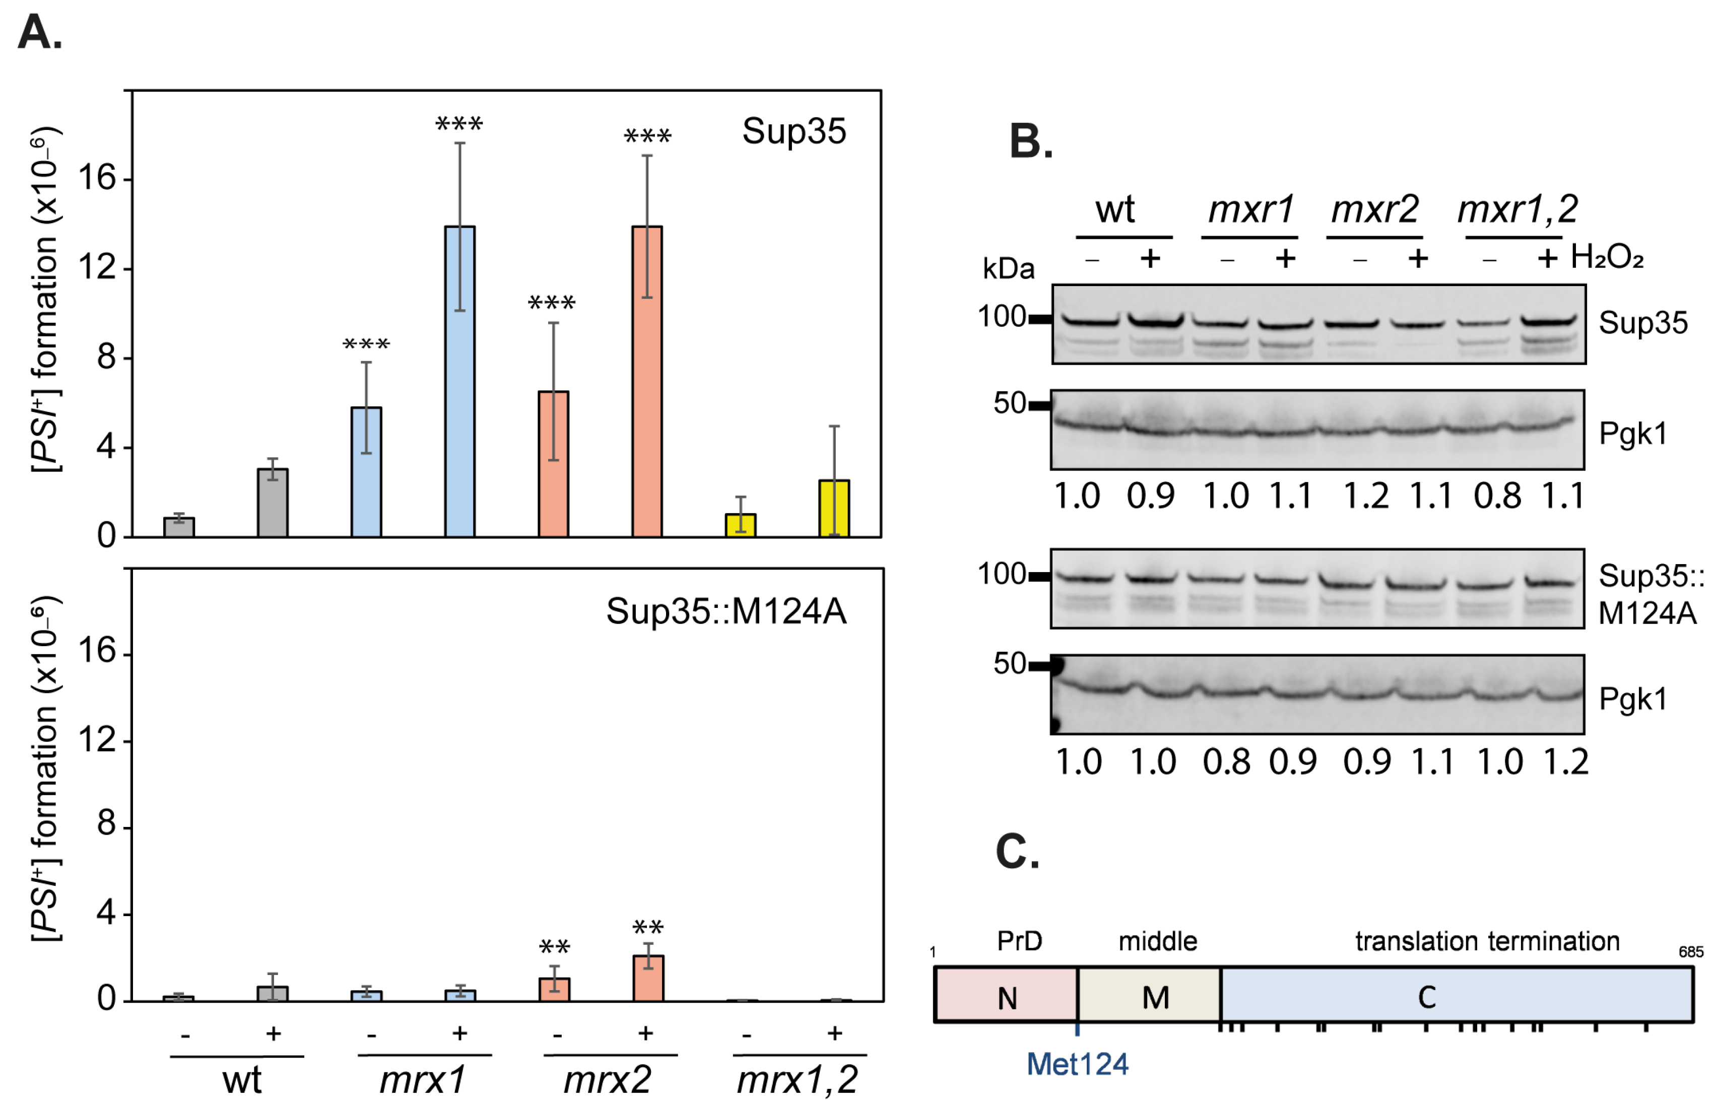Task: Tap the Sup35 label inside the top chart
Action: pyautogui.click(x=793, y=131)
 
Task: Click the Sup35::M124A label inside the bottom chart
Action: pyautogui.click(x=725, y=611)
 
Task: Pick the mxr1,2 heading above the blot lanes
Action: pyautogui.click(x=1517, y=210)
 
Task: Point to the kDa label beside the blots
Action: pyautogui.click(x=1008, y=269)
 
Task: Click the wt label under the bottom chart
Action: pyautogui.click(x=242, y=1080)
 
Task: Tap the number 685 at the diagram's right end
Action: pyautogui.click(x=1690, y=952)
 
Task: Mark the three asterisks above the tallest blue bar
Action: pyautogui.click(x=459, y=124)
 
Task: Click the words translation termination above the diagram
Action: pyautogui.click(x=1487, y=941)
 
